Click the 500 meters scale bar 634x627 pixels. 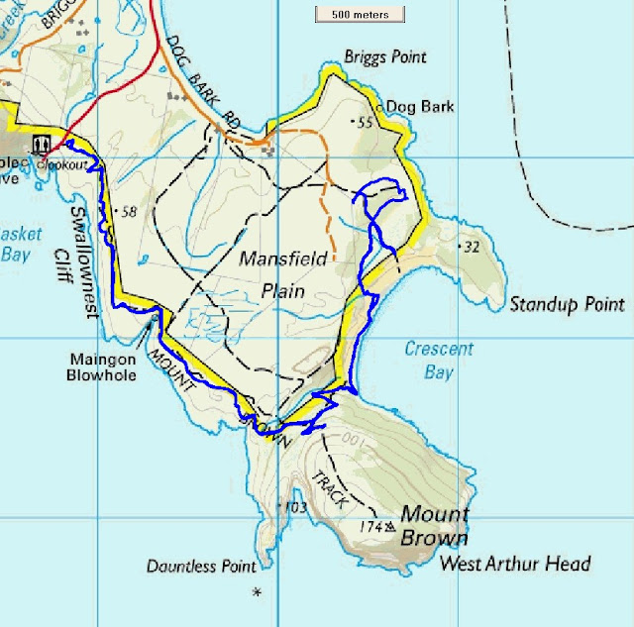(x=360, y=14)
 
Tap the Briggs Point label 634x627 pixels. (x=384, y=57)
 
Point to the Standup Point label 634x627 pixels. (x=568, y=304)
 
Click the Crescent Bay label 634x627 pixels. (x=439, y=361)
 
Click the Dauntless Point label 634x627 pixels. (x=201, y=567)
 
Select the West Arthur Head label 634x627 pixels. (x=515, y=565)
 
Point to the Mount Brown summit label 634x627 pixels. (x=433, y=527)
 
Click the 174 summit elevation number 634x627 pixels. (x=370, y=527)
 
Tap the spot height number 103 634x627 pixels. (x=294, y=508)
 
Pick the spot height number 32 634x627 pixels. (x=471, y=247)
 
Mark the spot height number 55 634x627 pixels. (x=363, y=122)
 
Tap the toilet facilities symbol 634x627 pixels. (x=42, y=144)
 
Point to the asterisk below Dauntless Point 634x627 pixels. (x=258, y=592)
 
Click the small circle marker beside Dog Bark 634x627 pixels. (x=379, y=106)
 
